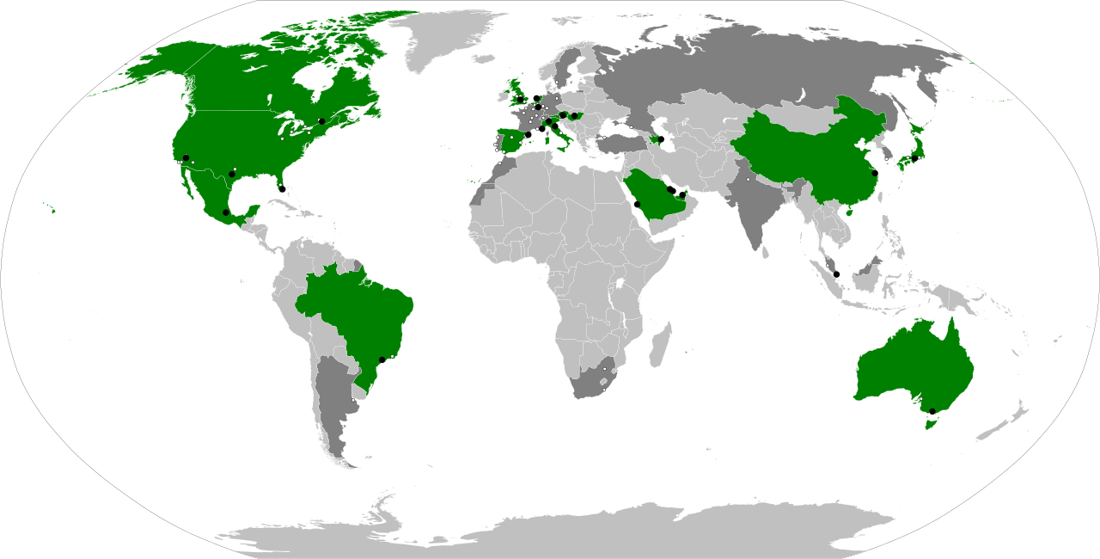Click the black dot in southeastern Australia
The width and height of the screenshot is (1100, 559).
932,411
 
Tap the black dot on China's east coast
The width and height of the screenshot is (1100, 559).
875,174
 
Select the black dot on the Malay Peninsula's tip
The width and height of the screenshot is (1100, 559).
836,274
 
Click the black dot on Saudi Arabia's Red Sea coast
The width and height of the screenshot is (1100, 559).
637,204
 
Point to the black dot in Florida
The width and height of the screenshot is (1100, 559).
282,188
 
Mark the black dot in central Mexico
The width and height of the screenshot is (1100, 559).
226,212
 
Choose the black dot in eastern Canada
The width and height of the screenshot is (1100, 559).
321,121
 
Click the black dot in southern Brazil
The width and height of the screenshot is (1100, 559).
382,359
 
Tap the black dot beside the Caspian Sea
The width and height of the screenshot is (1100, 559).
661,138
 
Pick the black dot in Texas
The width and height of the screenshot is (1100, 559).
232,174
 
